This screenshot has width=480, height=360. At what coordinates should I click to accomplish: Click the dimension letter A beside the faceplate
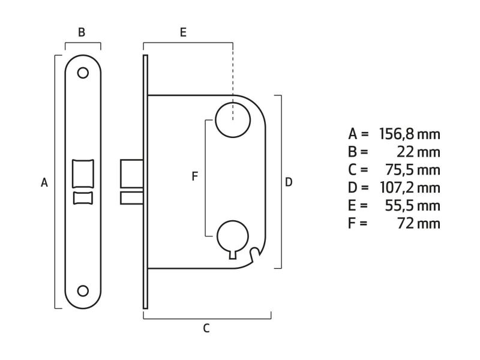(44, 182)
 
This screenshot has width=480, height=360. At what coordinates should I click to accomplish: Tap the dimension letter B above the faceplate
(82, 32)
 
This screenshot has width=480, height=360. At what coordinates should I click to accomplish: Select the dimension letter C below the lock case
(206, 328)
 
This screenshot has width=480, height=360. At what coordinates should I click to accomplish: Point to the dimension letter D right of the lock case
(289, 182)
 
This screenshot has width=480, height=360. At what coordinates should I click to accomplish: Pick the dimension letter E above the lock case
(184, 32)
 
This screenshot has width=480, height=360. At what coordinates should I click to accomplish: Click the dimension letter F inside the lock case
(194, 176)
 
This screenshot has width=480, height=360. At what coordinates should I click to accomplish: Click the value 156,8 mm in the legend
(410, 134)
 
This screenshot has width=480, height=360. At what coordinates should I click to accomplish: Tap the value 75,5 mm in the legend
(415, 170)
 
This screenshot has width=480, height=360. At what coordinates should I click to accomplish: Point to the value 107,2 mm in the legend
(410, 188)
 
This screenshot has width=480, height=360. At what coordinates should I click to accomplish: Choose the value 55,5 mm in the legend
(415, 206)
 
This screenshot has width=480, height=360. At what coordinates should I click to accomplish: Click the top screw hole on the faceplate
(83, 73)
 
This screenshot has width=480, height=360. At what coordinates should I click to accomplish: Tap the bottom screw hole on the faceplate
(83, 290)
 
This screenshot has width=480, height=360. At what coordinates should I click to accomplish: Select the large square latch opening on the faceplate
(83, 173)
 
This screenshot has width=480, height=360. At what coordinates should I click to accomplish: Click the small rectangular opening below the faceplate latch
(83, 198)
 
